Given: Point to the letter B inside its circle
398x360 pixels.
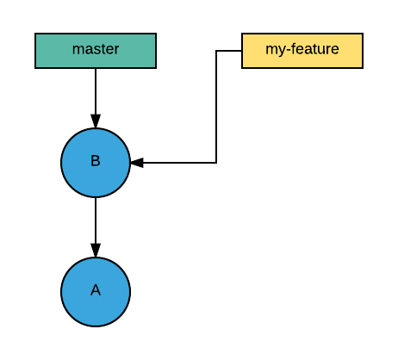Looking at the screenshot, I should tap(96, 161).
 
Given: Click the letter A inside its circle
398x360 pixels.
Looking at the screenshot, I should tap(96, 290).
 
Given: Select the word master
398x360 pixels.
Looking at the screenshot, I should tap(96, 50).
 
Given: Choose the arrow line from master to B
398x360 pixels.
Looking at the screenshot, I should tap(96, 90).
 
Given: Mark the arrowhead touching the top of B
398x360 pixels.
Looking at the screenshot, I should tap(96, 121).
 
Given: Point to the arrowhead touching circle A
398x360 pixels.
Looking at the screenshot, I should tap(96, 251).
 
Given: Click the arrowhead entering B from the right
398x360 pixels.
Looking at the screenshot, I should tap(137, 163).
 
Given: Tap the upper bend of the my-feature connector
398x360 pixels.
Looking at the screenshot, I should tap(216, 51).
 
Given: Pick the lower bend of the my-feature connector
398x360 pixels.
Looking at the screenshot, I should tap(216, 163).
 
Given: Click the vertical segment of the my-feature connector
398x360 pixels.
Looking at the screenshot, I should tap(216, 107).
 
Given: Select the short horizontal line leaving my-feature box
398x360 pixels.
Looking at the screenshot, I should tap(229, 51).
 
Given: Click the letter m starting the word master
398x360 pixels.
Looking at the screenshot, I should tap(78, 51).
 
